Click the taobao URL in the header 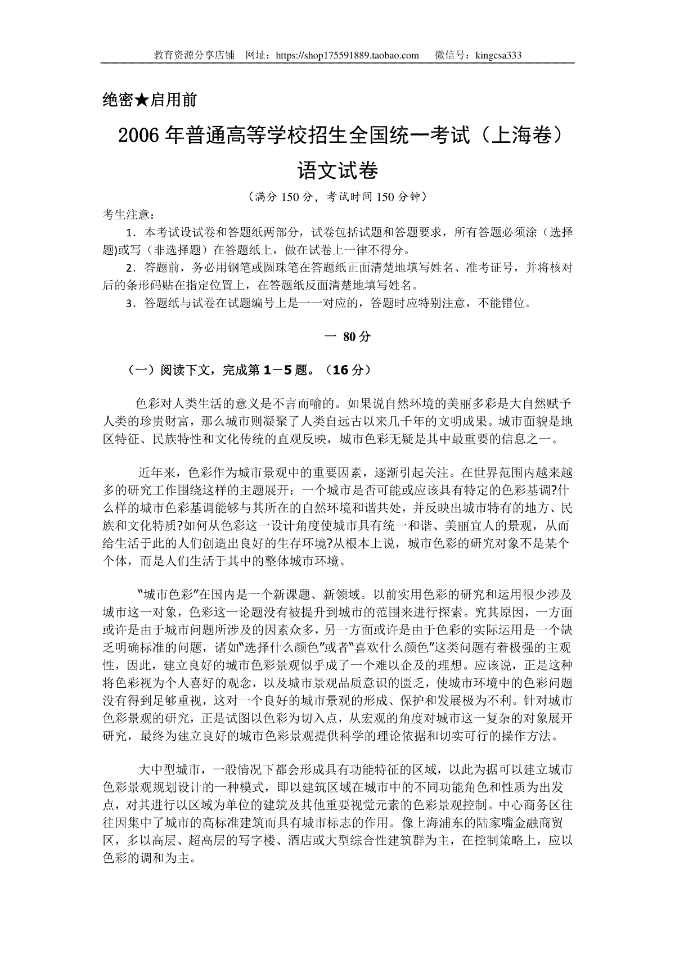348,55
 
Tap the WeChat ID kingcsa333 498,55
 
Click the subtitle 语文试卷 337,170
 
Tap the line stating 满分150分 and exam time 337,197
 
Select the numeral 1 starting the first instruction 131,232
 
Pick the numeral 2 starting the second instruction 131,268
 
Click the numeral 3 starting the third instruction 131,304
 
